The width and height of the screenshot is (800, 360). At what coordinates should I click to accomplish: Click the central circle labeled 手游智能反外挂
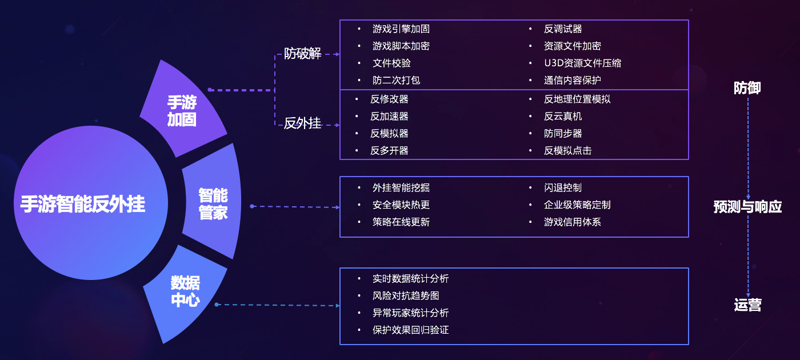[x=83, y=204]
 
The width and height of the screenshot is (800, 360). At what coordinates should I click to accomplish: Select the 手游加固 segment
[x=182, y=111]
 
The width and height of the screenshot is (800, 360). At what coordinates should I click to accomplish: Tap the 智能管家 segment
[x=213, y=204]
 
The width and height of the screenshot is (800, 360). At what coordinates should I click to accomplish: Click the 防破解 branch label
[x=303, y=54]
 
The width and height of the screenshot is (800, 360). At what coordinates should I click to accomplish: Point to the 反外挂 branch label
[x=303, y=123]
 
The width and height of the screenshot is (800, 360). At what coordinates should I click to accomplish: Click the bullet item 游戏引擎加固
[x=401, y=29]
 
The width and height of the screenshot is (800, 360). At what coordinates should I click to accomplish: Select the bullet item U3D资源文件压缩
[x=582, y=63]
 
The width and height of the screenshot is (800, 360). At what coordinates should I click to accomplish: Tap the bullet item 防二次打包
[x=396, y=80]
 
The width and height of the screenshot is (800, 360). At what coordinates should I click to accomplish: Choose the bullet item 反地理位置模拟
[x=577, y=99]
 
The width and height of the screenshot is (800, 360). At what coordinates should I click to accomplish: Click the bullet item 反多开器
[x=389, y=150]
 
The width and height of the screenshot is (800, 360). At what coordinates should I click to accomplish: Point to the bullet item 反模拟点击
[x=567, y=150]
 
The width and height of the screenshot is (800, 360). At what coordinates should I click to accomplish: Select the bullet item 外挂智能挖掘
[x=401, y=187]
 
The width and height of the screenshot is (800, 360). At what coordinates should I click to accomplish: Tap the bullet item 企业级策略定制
[x=577, y=205]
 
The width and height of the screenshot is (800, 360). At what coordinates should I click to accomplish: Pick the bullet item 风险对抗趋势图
[x=406, y=295]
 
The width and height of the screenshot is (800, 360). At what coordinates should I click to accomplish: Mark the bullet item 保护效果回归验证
[x=410, y=330]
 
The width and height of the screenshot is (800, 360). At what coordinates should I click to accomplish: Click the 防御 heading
[x=747, y=88]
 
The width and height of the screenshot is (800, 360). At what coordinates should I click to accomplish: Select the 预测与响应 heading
[x=747, y=206]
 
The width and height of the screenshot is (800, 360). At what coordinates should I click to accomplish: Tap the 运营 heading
[x=747, y=305]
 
